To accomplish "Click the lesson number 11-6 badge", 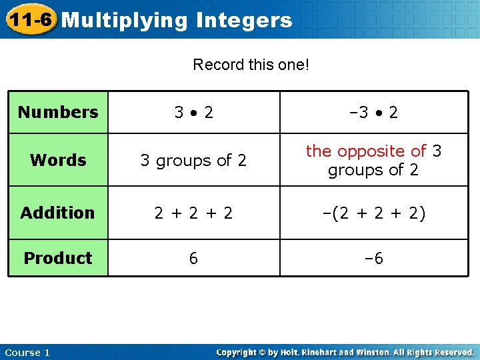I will click(29, 19).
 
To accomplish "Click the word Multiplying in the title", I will click(125, 21).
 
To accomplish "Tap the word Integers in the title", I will click(245, 21).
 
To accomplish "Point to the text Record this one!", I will click(251, 65).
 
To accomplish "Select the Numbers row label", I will click(58, 112).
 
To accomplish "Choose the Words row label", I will click(58, 160).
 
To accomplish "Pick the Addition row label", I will click(58, 213).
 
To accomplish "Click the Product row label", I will click(58, 258).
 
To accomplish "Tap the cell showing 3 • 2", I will click(193, 112).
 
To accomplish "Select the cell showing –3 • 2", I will click(373, 112).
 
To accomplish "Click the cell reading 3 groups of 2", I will click(193, 160).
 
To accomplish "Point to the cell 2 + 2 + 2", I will click(193, 213).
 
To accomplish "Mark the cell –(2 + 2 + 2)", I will click(373, 213).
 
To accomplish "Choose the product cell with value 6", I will click(193, 258).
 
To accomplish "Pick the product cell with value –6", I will click(373, 258).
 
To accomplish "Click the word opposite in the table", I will click(374, 152).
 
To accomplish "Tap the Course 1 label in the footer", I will click(27, 353).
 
